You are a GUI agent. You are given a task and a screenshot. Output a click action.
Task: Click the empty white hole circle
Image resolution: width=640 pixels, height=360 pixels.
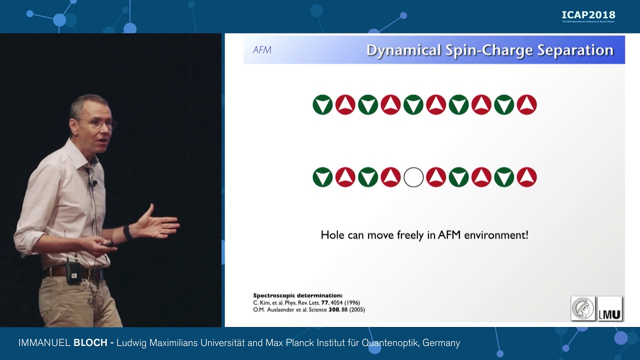(x=413, y=177)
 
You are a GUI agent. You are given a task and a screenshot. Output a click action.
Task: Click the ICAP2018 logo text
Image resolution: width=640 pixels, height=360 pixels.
(x=588, y=15)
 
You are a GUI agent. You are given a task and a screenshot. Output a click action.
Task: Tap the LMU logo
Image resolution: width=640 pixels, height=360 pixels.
(x=610, y=308)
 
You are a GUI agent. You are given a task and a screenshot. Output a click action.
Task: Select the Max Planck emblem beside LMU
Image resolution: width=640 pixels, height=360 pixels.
(x=583, y=308)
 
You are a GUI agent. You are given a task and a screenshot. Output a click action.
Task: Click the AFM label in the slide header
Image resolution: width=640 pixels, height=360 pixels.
(x=262, y=50)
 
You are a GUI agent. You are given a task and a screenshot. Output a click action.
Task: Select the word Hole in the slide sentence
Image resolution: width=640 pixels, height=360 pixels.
(x=332, y=234)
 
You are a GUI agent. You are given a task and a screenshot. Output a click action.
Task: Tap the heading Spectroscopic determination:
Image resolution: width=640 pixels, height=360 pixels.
(x=297, y=295)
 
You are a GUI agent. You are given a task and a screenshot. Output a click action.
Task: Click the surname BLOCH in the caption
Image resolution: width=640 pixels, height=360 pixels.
(x=90, y=343)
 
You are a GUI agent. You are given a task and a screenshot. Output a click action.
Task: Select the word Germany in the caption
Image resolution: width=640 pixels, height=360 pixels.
(x=440, y=343)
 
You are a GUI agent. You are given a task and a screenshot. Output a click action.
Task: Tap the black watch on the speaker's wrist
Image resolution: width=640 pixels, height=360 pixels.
(x=128, y=232)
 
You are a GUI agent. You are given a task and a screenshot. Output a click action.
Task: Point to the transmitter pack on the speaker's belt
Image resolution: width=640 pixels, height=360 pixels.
(x=73, y=272)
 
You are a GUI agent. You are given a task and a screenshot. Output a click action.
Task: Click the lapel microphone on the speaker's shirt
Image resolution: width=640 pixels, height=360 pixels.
(x=93, y=183)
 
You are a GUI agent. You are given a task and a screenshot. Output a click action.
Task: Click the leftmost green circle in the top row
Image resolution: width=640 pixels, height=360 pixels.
(x=322, y=105)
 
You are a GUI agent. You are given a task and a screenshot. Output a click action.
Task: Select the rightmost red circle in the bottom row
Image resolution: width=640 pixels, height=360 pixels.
(x=526, y=177)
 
